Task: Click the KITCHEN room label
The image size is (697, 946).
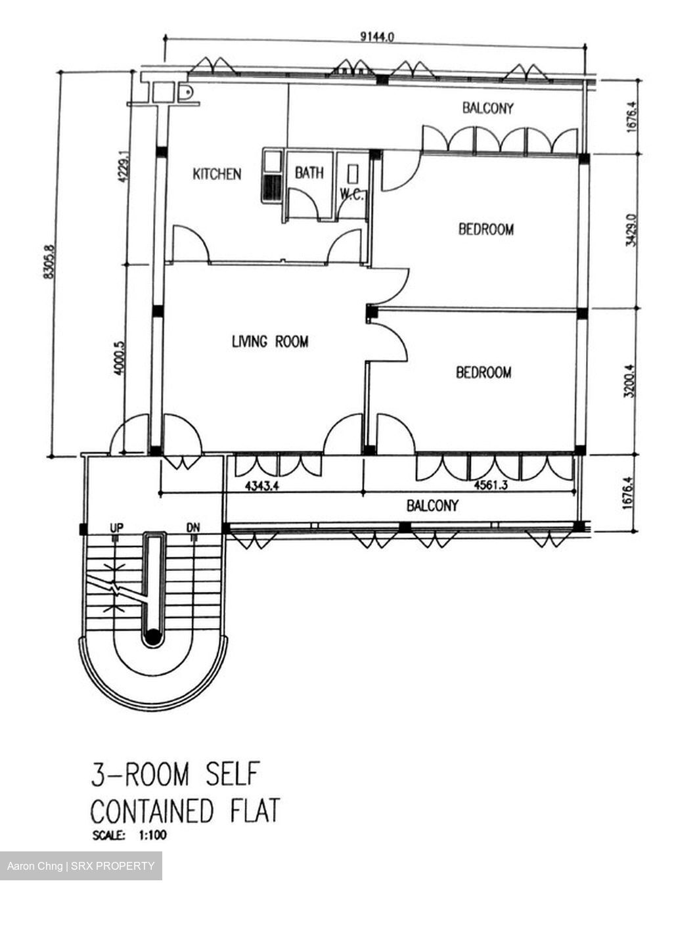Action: click(217, 174)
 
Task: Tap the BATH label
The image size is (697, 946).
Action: click(309, 173)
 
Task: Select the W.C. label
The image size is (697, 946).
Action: click(351, 194)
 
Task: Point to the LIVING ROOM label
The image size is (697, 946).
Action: click(270, 341)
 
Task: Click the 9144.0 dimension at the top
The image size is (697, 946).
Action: click(377, 37)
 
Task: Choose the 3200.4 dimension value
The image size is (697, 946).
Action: click(629, 381)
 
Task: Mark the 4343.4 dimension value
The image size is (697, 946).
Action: click(262, 485)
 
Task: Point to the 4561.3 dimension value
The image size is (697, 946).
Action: click(491, 485)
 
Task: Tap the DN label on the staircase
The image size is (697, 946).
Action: click(193, 528)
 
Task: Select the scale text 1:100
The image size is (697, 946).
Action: click(153, 835)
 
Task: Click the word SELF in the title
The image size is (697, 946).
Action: click(232, 773)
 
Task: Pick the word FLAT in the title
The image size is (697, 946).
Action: click(255, 811)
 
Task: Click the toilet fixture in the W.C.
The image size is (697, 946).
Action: click(353, 174)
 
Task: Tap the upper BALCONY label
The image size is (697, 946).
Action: click(487, 108)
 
